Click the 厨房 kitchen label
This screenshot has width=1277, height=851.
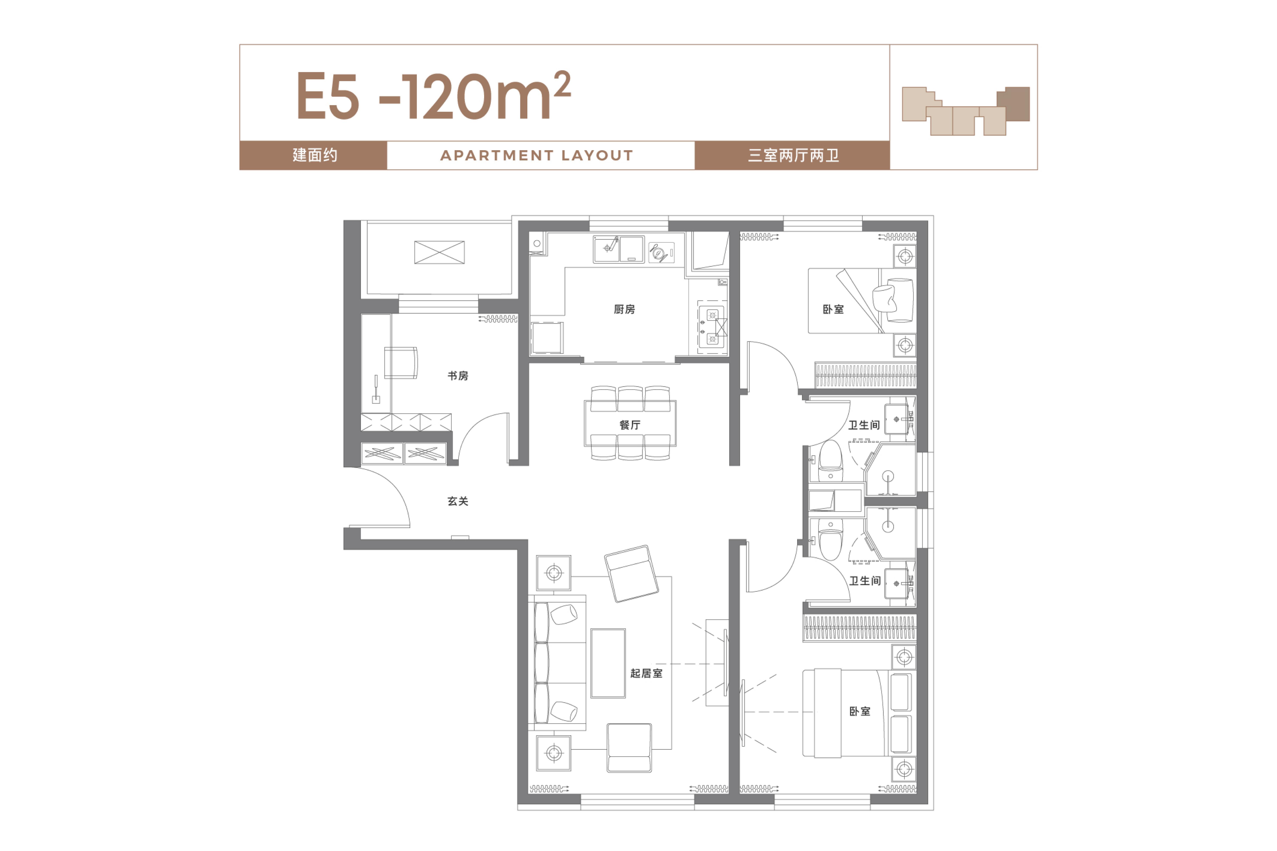pos(624,309)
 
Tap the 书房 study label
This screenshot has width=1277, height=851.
pos(458,376)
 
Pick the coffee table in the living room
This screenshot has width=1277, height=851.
pos(608,663)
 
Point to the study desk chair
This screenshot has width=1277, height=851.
pos(400,363)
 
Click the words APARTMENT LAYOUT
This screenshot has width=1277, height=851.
pos(536,156)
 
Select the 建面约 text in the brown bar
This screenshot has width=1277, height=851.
pos(315,155)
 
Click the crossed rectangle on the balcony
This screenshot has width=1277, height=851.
pos(439,252)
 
